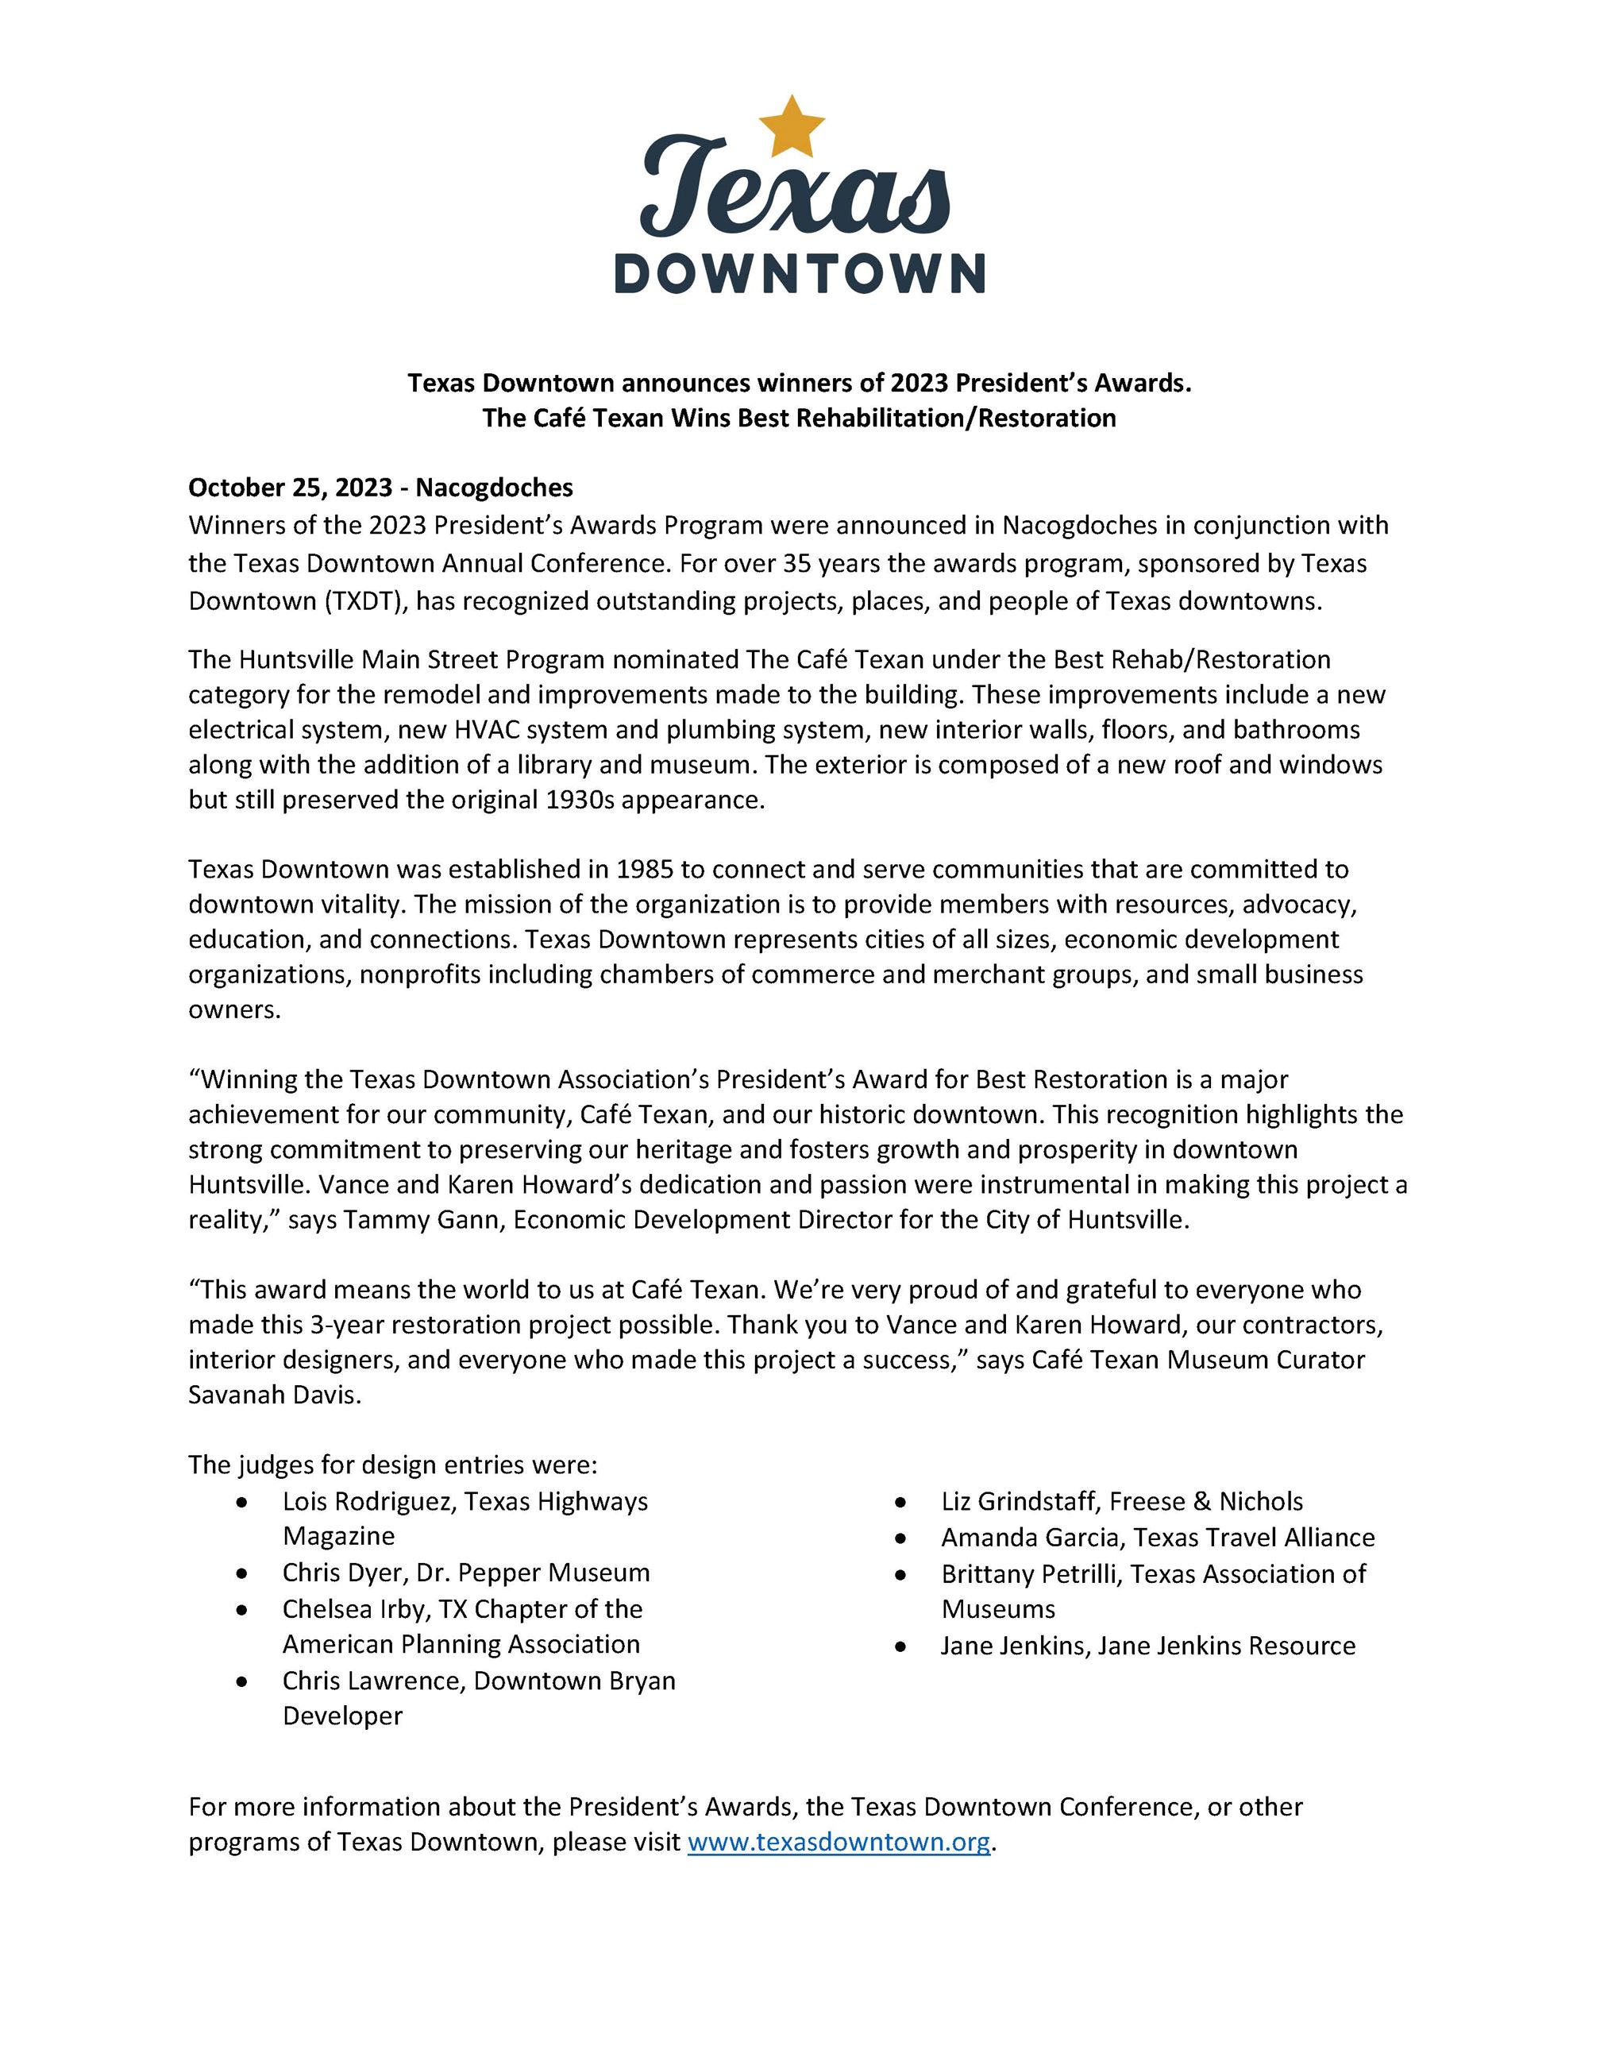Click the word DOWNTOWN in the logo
point(800,273)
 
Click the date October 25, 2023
point(290,488)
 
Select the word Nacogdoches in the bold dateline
point(494,488)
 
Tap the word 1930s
point(580,800)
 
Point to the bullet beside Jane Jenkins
point(901,1646)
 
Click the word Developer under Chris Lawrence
point(342,1716)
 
